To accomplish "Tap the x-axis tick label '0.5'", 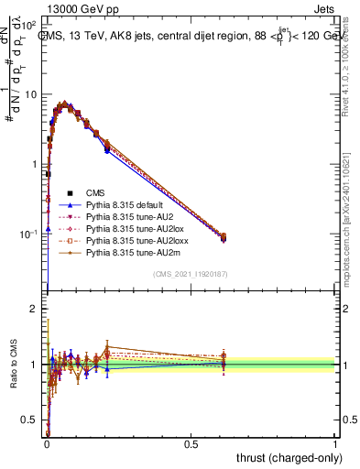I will [x=191, y=442].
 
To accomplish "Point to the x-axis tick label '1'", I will [x=335, y=442].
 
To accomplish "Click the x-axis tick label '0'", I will [x=47, y=442].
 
